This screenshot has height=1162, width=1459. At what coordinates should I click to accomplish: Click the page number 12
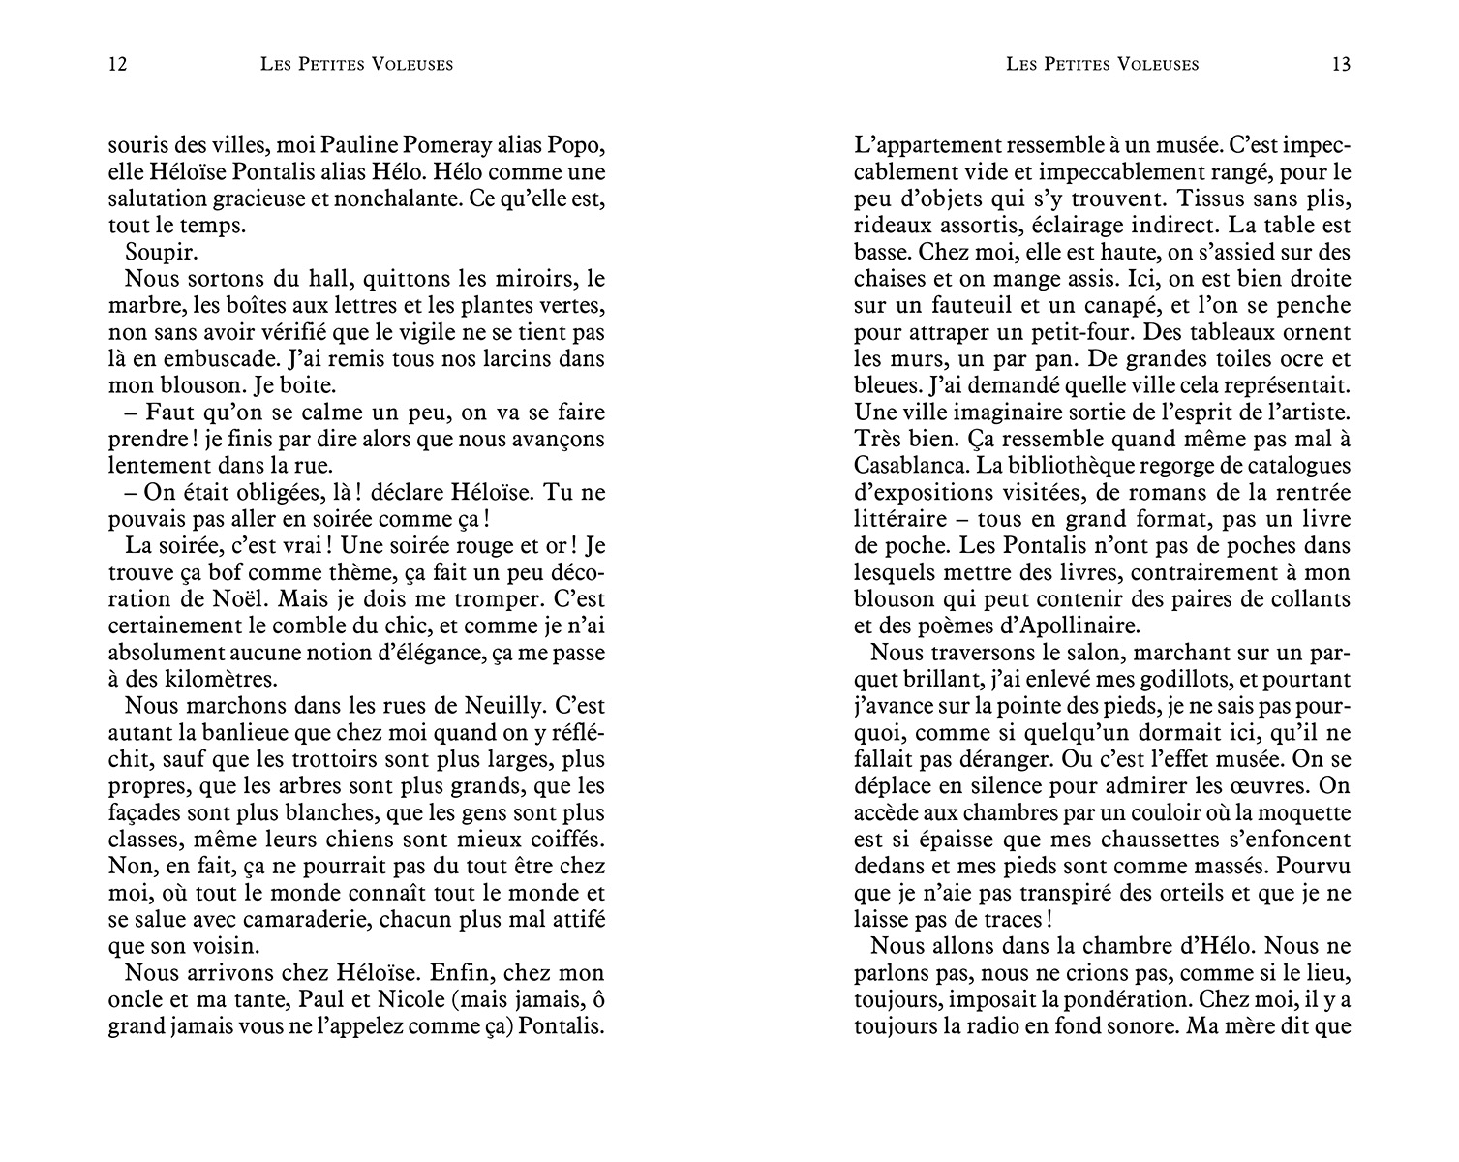118,65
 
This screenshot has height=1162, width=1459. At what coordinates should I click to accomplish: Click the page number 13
1341,65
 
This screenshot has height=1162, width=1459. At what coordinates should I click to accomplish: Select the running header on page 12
357,65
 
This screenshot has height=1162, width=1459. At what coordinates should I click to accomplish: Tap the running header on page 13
1102,65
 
